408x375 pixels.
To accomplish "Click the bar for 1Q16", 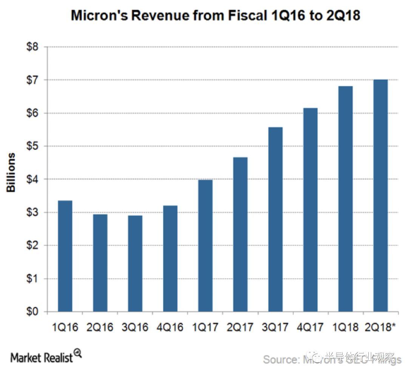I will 65,256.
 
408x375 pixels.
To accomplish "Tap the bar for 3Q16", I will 135,263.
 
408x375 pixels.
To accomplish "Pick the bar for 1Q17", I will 205,246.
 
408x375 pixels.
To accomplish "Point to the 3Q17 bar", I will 275,219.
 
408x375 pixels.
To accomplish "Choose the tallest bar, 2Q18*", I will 380,195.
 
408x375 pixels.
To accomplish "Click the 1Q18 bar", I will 345,199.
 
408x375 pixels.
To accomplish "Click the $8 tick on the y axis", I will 32,47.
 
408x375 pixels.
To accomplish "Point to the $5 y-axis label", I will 32,146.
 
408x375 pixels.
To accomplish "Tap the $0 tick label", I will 32,312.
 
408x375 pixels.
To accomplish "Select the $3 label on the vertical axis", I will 32,212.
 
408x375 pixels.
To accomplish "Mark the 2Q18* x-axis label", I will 382,327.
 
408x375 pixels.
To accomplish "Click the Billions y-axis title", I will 11,172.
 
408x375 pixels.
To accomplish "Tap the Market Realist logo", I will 46,356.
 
